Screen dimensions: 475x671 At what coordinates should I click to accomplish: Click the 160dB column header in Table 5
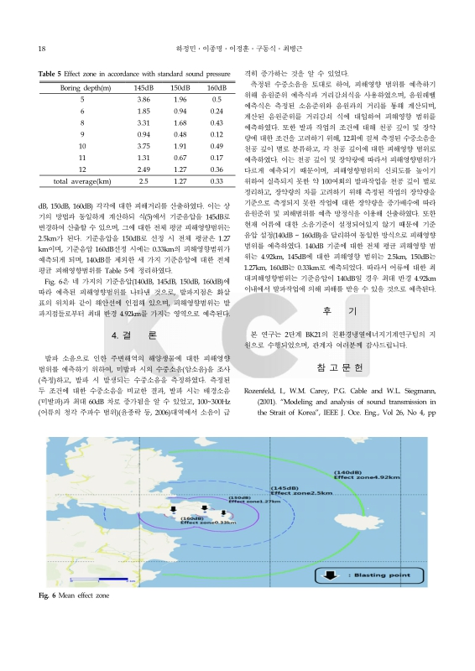(216, 87)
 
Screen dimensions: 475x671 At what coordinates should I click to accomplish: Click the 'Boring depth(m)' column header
(81, 87)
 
